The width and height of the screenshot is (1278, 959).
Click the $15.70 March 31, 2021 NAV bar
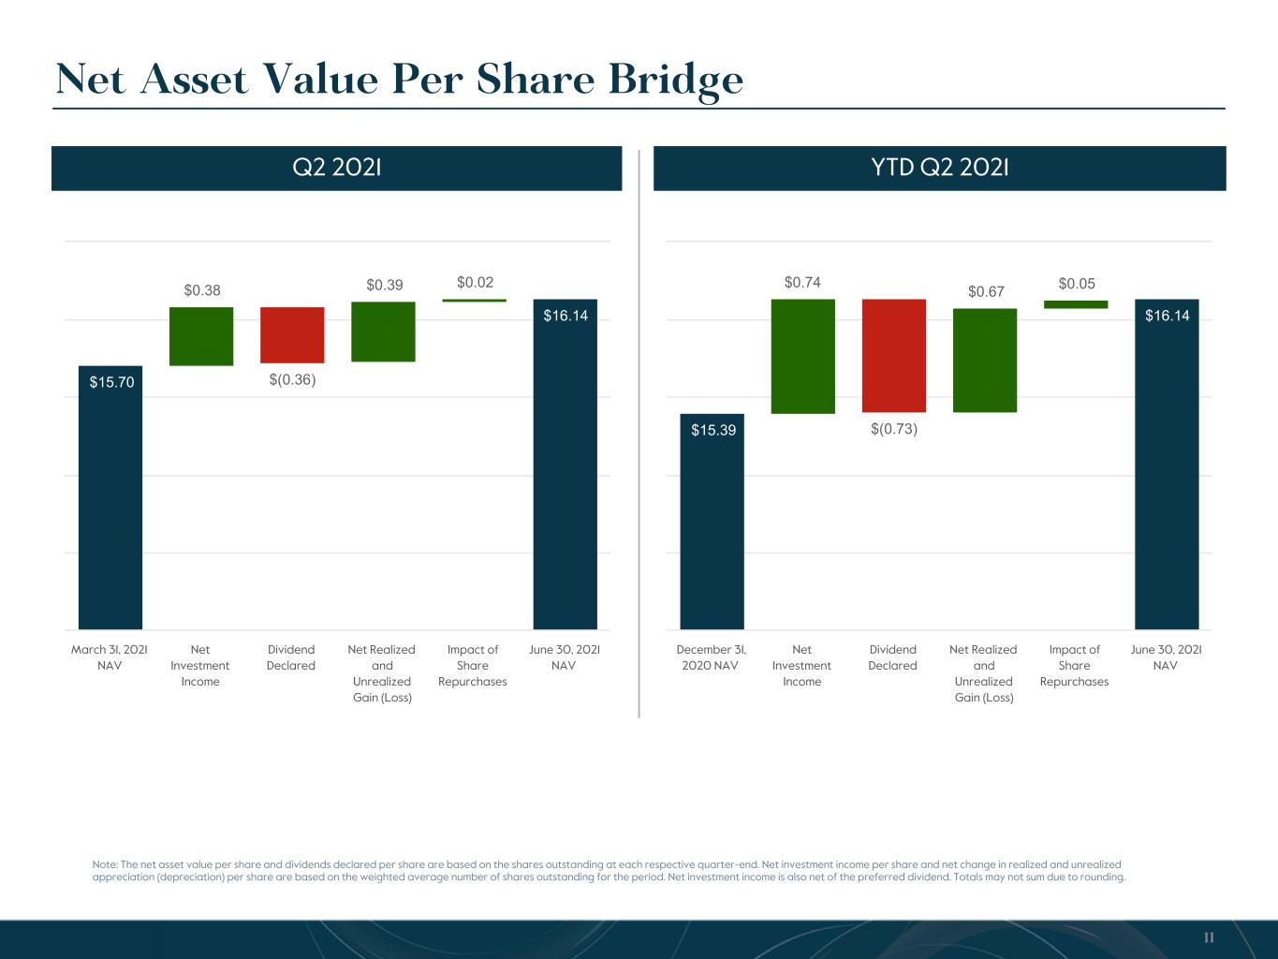point(110,497)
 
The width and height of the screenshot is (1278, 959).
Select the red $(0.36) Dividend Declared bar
point(292,334)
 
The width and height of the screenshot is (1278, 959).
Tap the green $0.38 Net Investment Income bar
point(201,336)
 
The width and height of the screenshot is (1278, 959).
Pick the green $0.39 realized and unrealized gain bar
point(383,332)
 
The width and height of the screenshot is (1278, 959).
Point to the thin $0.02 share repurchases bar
point(474,301)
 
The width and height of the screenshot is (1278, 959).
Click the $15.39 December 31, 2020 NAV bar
point(712,521)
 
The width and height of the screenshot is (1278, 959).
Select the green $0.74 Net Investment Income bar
point(803,357)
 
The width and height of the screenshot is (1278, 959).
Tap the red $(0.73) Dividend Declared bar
point(894,355)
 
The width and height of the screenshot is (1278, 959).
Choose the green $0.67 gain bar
point(985,361)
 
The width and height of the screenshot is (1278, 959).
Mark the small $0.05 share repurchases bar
point(1076,304)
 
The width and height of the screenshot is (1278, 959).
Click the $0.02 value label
point(475,283)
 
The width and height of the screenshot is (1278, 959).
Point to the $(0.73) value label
point(894,429)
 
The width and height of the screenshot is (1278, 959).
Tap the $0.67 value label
point(986,291)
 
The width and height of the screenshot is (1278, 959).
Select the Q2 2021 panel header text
point(336,168)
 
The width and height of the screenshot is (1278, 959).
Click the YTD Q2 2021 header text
point(939,168)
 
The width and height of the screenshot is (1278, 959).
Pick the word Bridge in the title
point(676,81)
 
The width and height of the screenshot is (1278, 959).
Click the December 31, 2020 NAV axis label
point(711,657)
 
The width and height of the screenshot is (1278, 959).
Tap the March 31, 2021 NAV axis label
point(110,657)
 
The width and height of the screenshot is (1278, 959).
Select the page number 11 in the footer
point(1209,937)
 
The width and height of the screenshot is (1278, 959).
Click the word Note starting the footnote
point(105,864)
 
